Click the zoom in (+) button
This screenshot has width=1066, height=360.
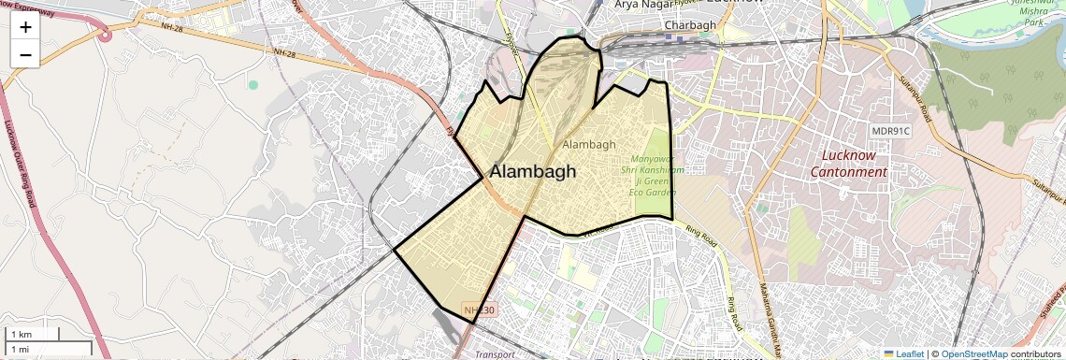click(x=25, y=27)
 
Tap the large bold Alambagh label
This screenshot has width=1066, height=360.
click(x=533, y=172)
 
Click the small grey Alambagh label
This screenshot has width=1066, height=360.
click(x=589, y=144)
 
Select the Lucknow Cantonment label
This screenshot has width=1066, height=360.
click(x=848, y=164)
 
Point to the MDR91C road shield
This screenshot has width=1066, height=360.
click(x=890, y=132)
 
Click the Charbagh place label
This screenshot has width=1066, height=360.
click(x=689, y=25)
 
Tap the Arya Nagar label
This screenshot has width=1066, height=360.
click(x=643, y=5)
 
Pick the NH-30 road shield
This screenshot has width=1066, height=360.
click(x=480, y=310)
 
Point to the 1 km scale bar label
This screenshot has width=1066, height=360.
click(x=21, y=334)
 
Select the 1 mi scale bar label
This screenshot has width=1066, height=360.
click(x=20, y=348)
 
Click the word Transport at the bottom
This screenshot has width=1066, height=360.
click(x=495, y=355)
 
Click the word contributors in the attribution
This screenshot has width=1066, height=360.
click(x=1038, y=353)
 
